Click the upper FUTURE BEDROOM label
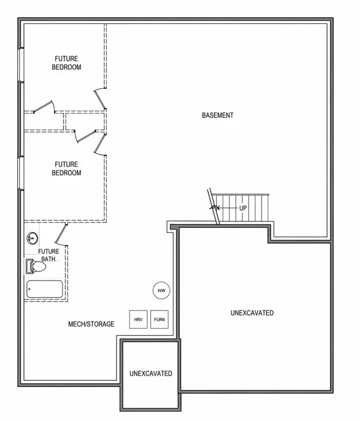coord(68,63)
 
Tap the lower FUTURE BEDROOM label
coord(68,168)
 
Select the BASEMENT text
coord(217,115)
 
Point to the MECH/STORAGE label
coord(91,324)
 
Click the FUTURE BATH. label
coord(49,255)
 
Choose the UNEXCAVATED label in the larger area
coord(252,313)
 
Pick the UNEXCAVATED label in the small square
coord(151,374)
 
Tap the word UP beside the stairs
coord(243,207)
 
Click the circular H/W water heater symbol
coord(161,291)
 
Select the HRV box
coord(138,320)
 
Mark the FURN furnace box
coord(160,320)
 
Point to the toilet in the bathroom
coord(35,265)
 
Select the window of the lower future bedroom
coord(21,174)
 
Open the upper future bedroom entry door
coord(99,100)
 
